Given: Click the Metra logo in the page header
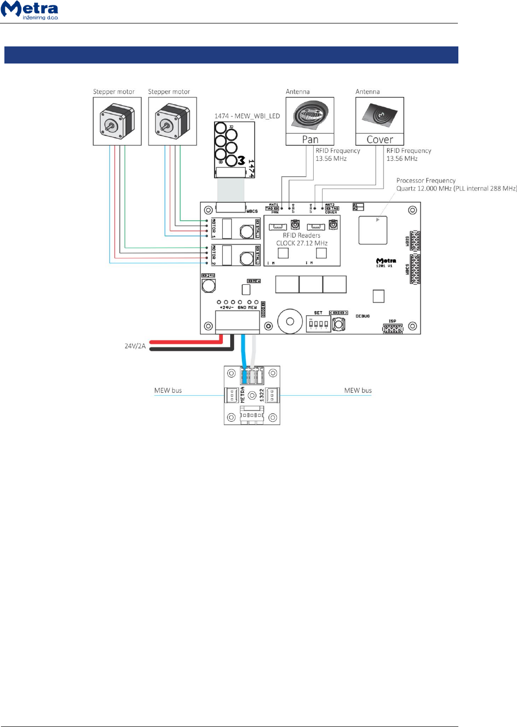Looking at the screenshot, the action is [x=30, y=10].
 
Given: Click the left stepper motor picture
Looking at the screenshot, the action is [x=117, y=121].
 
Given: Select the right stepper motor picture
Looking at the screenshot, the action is [x=172, y=121].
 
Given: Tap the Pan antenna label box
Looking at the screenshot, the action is [x=310, y=140].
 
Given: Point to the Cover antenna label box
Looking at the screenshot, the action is [x=380, y=140].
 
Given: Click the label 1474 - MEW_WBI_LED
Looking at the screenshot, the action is [x=247, y=116].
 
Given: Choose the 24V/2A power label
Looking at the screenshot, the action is [x=135, y=346].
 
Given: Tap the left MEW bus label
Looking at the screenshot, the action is [x=168, y=390].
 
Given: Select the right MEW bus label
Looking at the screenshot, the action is [x=358, y=390].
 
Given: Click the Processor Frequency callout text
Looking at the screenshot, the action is [x=426, y=181].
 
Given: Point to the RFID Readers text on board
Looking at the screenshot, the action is [x=302, y=235].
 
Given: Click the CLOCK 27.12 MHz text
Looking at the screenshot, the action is [x=302, y=243].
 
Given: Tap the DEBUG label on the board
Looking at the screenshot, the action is [x=363, y=317].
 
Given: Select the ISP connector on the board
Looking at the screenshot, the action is [x=393, y=328].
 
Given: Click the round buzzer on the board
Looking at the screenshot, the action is [x=290, y=321].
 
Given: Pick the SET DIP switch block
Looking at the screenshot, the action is [x=318, y=323].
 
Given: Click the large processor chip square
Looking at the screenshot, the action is [x=373, y=230].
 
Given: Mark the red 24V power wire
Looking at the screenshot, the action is [x=186, y=342].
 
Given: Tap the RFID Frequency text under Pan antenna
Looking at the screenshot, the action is [x=338, y=151].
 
